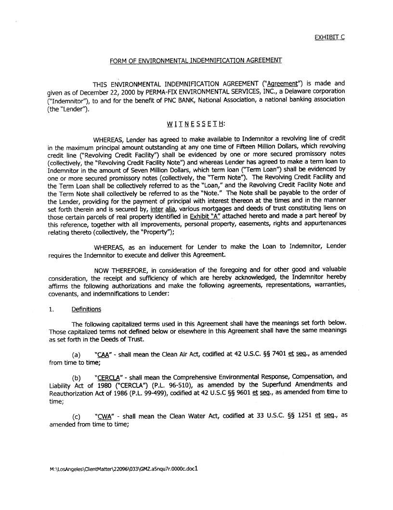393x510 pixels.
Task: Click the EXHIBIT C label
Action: tap(329, 37)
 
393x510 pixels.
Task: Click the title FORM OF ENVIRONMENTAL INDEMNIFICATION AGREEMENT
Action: tap(196, 60)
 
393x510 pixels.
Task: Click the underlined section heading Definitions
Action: tap(86, 309)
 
